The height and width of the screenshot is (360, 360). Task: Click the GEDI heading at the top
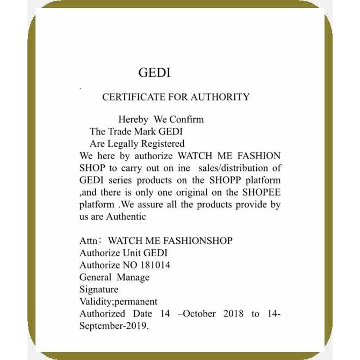pos(154,73)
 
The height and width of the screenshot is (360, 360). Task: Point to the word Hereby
pos(133,119)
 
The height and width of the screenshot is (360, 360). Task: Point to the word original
pos(186,192)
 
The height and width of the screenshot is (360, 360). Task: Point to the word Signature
pos(99,290)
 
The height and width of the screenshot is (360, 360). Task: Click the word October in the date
pos(199,314)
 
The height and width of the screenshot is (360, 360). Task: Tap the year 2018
pos(233,314)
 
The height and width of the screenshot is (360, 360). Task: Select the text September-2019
pos(114,326)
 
